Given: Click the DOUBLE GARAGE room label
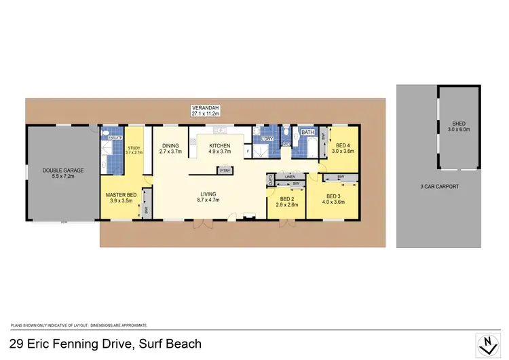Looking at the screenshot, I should (62, 170).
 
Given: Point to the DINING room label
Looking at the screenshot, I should (170, 145).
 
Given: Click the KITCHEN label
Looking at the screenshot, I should (219, 145).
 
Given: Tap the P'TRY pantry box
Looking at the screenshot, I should (225, 170).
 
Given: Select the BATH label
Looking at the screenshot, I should (307, 132).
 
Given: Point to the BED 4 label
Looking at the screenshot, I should (343, 145).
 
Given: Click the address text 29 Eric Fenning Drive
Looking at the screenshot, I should (105, 344).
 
